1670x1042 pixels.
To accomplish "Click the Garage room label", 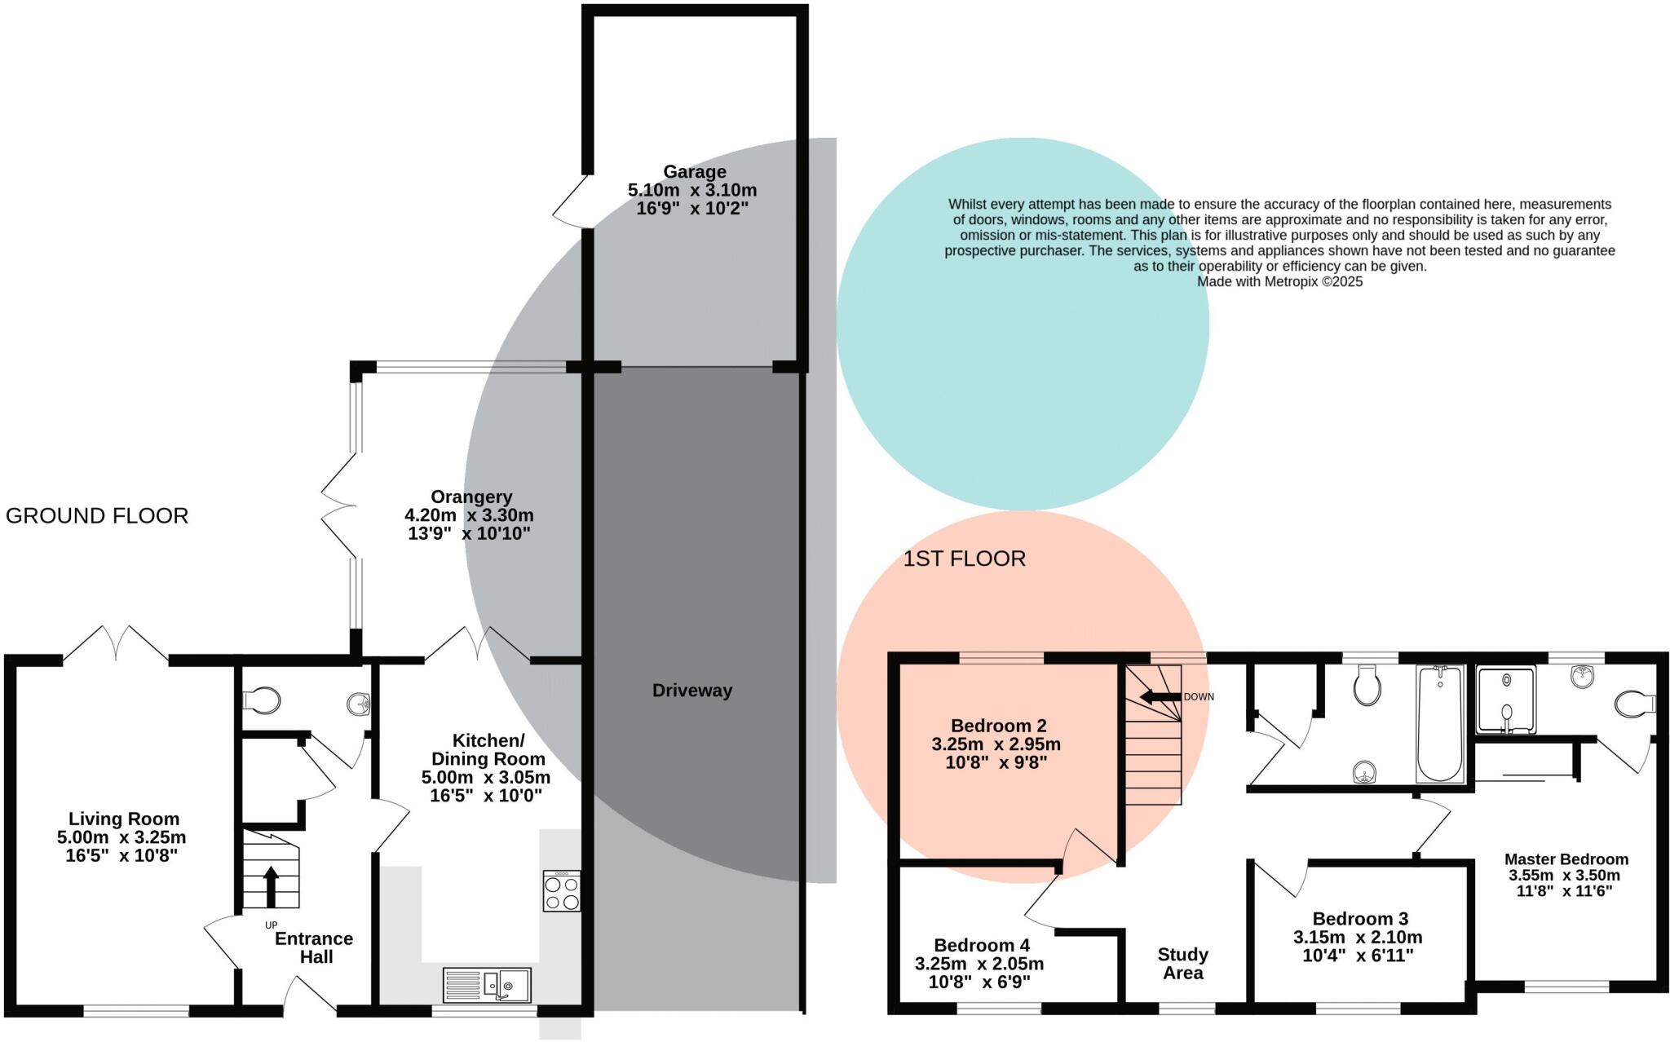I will tap(694, 172).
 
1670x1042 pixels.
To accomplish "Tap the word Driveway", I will tap(692, 691).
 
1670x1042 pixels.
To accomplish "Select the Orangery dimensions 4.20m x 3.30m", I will tap(469, 515).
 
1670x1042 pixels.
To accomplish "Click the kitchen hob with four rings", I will tap(562, 891).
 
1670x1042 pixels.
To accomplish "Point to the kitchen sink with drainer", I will tap(487, 985).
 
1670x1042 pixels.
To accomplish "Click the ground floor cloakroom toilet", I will tap(262, 700).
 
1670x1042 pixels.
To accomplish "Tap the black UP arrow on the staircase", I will tap(271, 886).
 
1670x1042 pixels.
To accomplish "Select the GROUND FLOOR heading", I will tap(97, 516).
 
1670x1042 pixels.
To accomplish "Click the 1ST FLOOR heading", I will tap(964, 559).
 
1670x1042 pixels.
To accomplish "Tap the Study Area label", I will tap(1182, 964).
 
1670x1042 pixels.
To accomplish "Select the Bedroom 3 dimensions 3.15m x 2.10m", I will tap(1358, 938).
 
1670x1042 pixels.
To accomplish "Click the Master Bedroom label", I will tap(1566, 859).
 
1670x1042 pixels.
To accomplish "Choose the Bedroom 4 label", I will tap(981, 945).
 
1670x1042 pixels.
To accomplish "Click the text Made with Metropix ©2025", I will tap(1279, 282).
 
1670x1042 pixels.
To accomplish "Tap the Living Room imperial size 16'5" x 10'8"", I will tap(121, 856).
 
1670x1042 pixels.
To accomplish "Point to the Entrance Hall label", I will tap(314, 947).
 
